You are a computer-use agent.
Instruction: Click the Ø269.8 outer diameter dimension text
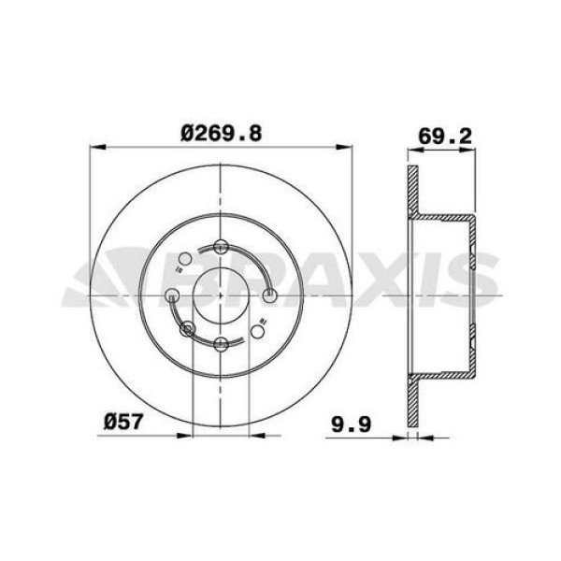pyautogui.click(x=221, y=134)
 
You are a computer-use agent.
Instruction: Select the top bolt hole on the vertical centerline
pyautogui.click(x=221, y=247)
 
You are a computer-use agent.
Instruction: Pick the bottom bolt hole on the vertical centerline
pyautogui.click(x=221, y=345)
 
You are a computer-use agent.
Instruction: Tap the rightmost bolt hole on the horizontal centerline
pyautogui.click(x=270, y=296)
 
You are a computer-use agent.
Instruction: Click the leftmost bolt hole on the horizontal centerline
pyautogui.click(x=172, y=295)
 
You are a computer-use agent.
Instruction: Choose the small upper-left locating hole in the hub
pyautogui.click(x=185, y=259)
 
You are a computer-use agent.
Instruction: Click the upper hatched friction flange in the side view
pyautogui.click(x=411, y=196)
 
